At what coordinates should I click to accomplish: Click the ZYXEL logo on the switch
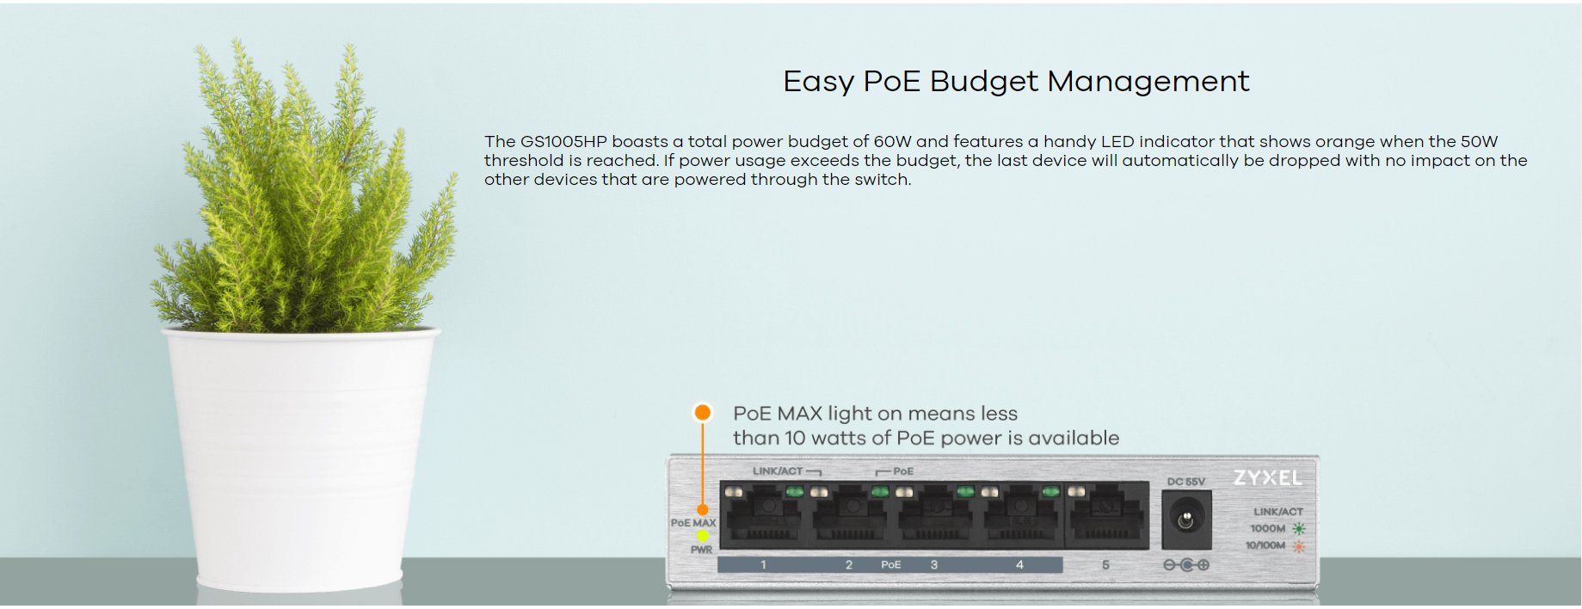click(x=1268, y=478)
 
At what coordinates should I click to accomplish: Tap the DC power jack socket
click(x=1186, y=520)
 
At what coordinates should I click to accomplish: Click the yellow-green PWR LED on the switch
click(x=703, y=536)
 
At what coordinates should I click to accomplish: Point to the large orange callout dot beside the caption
click(x=703, y=413)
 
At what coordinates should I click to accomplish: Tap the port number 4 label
click(x=1019, y=565)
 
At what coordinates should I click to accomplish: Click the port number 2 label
click(x=849, y=565)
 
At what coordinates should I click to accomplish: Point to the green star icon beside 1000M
click(x=1298, y=529)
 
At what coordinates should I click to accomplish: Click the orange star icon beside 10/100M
click(x=1298, y=546)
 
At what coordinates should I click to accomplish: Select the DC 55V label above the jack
click(x=1186, y=482)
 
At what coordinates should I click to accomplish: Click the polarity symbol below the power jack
click(x=1186, y=565)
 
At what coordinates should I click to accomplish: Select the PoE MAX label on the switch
click(x=693, y=523)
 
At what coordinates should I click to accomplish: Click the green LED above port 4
click(x=1050, y=492)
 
